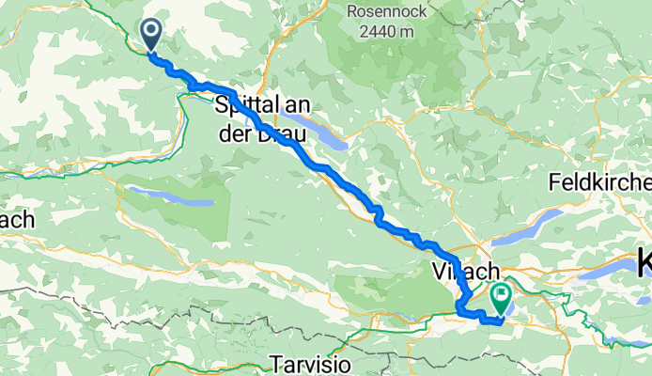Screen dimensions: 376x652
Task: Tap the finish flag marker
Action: pyautogui.click(x=500, y=300)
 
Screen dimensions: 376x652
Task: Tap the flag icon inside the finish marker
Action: pyautogui.click(x=500, y=297)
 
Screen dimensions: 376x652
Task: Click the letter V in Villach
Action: pyautogui.click(x=438, y=272)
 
